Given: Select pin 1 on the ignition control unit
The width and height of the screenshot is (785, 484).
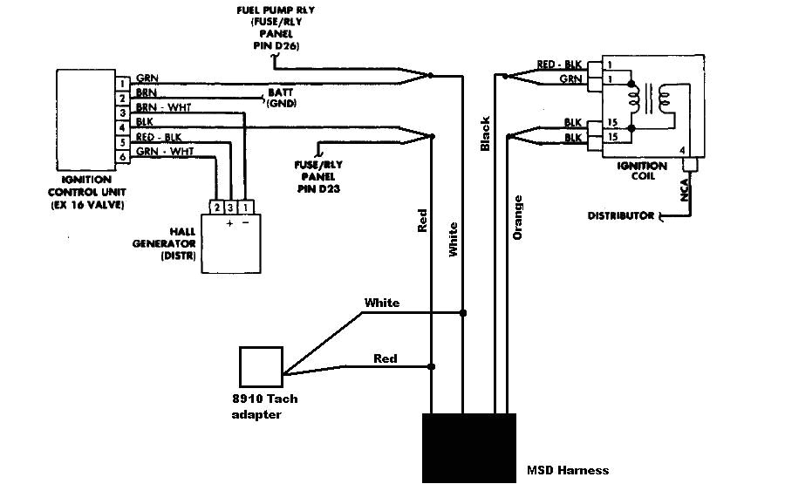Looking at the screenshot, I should (x=124, y=83).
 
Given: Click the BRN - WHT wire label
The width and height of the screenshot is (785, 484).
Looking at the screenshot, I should (x=163, y=106).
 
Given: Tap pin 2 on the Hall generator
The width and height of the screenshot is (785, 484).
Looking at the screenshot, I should (x=216, y=207).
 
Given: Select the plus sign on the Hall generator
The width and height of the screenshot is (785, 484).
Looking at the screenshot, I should (x=231, y=223).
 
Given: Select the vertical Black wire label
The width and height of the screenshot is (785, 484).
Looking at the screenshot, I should (x=486, y=135).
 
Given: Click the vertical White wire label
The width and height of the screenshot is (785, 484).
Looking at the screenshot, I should (x=453, y=239).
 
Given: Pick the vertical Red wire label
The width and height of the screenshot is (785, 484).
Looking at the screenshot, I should (x=422, y=221).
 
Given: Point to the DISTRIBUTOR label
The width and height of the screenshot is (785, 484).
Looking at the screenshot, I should (x=620, y=215).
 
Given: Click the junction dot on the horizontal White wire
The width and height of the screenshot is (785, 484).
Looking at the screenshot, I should (x=462, y=312).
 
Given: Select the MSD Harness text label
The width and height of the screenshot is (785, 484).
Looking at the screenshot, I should (x=568, y=471).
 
